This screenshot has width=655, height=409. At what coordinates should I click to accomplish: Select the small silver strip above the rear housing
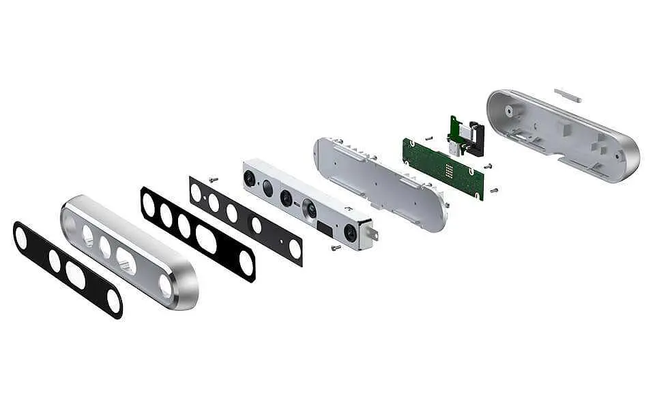(x=567, y=95)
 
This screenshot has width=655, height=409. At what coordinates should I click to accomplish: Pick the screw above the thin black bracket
(x=214, y=179)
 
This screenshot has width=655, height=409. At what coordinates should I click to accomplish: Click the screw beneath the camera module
(x=336, y=247)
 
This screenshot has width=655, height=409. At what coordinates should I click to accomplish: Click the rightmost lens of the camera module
(x=351, y=232)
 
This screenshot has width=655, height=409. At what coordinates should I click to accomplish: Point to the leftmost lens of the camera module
(x=251, y=179)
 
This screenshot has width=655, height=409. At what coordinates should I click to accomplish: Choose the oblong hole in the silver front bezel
(x=126, y=260)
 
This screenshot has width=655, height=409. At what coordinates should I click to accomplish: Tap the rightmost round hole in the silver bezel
(x=165, y=286)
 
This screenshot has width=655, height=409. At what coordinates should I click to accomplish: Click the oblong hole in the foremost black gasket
(x=75, y=275)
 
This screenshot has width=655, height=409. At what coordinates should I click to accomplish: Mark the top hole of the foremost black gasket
(x=21, y=237)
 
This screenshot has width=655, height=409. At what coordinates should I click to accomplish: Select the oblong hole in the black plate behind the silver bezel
(x=206, y=238)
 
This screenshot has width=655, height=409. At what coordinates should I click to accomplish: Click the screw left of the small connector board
(x=428, y=137)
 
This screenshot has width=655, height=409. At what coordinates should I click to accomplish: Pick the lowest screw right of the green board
(x=493, y=190)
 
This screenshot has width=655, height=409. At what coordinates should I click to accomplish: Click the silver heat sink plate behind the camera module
(x=379, y=181)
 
